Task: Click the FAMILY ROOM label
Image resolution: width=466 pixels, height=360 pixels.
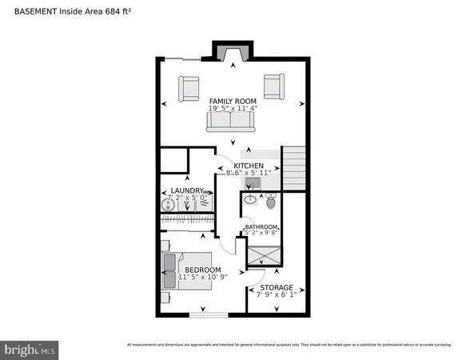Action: [x=232, y=101]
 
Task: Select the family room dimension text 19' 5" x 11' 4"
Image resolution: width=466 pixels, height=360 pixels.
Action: [x=232, y=110]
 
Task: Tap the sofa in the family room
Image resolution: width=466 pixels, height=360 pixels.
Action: [x=230, y=121]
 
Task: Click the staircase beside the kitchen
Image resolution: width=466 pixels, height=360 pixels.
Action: [x=295, y=168]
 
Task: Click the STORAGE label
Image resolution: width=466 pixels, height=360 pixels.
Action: [x=274, y=287]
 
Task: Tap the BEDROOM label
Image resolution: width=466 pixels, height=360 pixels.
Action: [x=202, y=270]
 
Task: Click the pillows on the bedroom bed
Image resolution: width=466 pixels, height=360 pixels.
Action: [x=169, y=270]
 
